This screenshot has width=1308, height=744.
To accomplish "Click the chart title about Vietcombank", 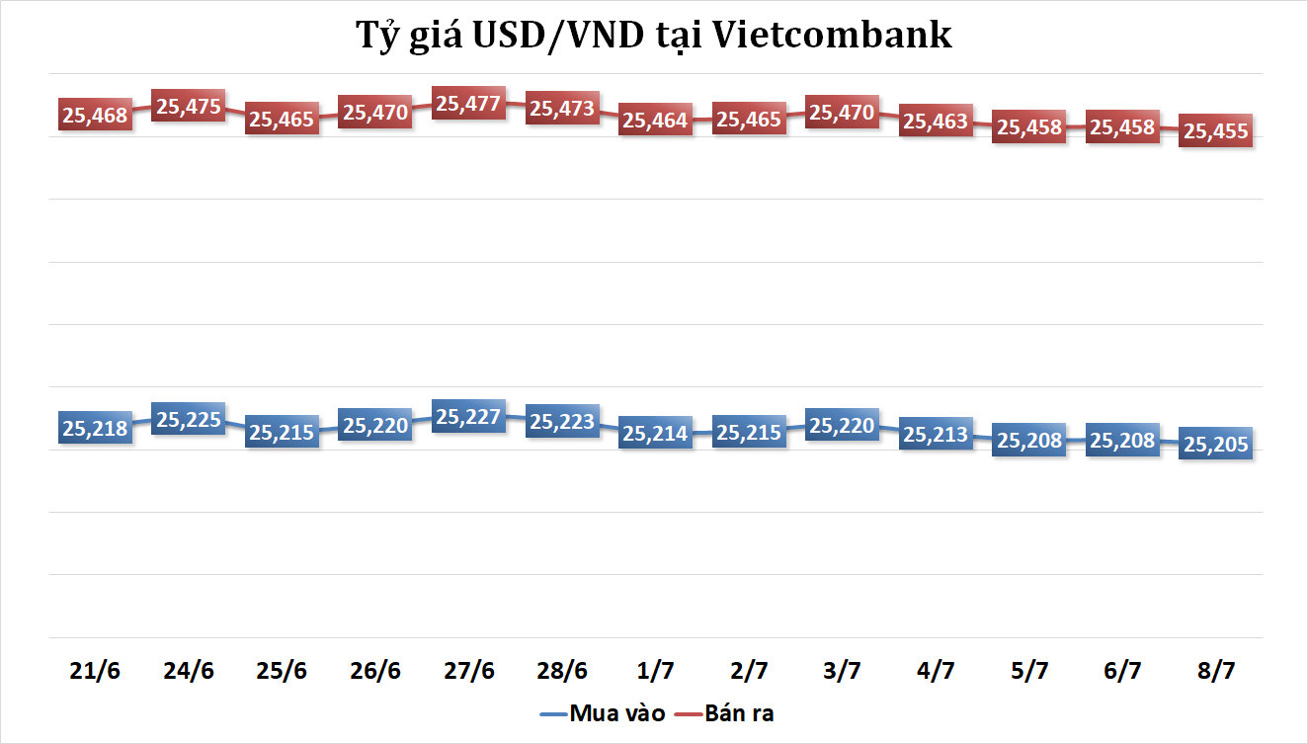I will pos(654,36).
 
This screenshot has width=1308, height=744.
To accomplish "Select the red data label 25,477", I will pos(468,104).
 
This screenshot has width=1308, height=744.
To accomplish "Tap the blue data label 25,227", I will pos(468,417).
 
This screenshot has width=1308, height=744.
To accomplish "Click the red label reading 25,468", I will pos(95,116).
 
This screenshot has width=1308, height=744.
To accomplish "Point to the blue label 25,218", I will pos(95,429).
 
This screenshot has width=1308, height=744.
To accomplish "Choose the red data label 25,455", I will pos(1216,130).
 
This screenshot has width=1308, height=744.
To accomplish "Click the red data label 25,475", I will pos(188,107).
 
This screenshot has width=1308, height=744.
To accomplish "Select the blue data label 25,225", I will pos(188,420).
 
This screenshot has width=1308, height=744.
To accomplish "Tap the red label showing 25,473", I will pos(561,109).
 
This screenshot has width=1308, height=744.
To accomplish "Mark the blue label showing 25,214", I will pos(655,434).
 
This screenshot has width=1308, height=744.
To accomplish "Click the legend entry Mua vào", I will pos(603,713).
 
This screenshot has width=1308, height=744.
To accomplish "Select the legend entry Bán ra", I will pos(725,713).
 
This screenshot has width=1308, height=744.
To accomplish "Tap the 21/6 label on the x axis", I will pos(95,670).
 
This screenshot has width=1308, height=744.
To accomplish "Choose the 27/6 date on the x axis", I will pos(468,670).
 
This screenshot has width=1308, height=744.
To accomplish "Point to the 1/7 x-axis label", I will pos(655,670).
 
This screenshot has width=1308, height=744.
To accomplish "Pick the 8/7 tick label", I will pos(1216,670).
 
